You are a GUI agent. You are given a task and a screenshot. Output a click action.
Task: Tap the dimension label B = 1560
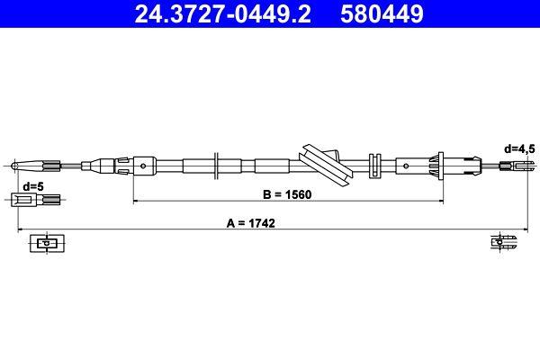[286, 193]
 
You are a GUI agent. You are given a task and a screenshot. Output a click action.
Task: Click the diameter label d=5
[33, 186]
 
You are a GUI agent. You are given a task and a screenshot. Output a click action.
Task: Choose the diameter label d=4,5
[519, 148]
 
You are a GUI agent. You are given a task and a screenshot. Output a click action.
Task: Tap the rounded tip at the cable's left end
[17, 165]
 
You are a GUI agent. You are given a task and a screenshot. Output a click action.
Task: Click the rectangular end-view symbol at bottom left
[44, 243]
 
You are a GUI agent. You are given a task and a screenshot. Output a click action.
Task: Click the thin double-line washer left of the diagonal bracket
[217, 165]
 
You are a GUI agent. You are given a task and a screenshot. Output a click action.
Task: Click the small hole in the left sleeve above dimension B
[144, 165]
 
